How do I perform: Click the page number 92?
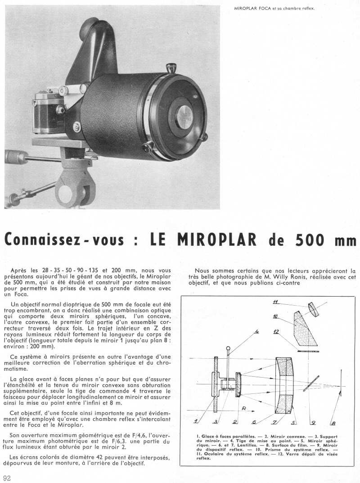[7, 478]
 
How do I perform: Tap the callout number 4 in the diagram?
[257, 333]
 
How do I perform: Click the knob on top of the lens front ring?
[171, 68]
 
